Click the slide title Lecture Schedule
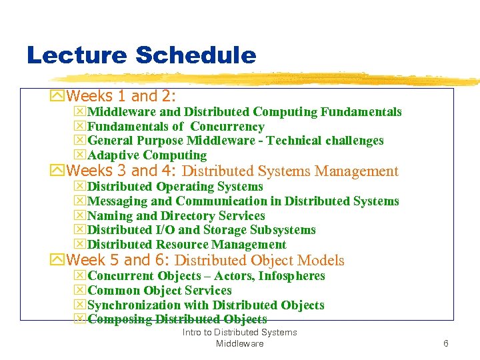(141, 55)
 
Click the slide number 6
(446, 343)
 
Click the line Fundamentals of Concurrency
(176, 127)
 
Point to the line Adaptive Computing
(147, 155)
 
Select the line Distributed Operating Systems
(175, 187)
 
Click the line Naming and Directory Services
(176, 215)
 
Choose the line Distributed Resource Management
(187, 245)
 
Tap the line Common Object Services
(159, 291)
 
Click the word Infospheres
(291, 276)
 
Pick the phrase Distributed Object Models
(259, 261)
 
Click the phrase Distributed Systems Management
(290, 171)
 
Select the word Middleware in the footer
(239, 343)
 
